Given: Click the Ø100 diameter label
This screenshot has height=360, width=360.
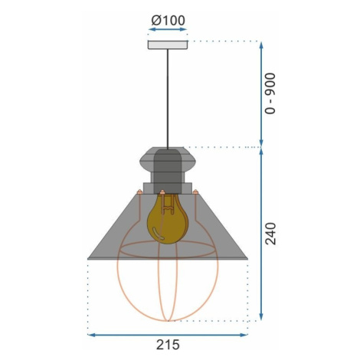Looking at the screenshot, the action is [168, 21].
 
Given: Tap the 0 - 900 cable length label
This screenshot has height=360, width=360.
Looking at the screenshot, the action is [270, 93].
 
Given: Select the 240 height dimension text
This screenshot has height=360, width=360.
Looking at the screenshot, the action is [270, 234].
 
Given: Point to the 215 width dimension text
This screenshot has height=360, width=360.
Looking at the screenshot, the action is [168, 345].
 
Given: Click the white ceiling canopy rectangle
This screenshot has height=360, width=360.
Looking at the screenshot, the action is [168, 44].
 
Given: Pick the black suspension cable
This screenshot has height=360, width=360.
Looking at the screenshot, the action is [168, 99].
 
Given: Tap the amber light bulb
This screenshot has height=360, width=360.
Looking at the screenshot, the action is [168, 219].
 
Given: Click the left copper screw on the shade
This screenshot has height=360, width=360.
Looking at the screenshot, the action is [139, 191].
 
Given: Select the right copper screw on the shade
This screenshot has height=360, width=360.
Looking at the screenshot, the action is [195, 191].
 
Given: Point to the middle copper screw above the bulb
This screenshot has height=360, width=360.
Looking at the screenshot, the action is [162, 191].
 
